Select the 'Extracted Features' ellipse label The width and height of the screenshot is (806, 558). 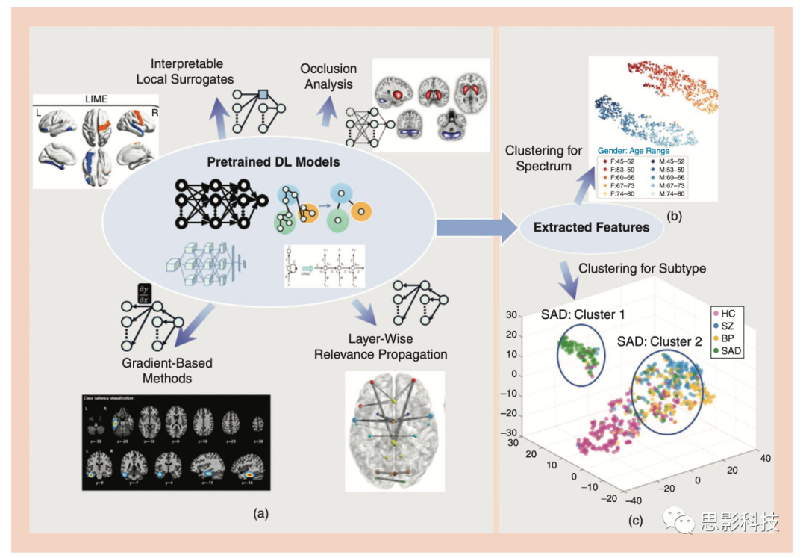tap(592, 226)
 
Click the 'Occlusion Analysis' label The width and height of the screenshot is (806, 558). tap(328, 76)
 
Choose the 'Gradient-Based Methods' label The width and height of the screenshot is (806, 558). tap(168, 371)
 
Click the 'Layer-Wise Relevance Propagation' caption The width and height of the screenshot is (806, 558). tap(381, 347)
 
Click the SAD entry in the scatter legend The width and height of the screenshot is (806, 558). tap(731, 350)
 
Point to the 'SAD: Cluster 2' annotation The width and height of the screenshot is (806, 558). tap(660, 341)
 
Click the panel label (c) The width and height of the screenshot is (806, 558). tap(635, 521)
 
